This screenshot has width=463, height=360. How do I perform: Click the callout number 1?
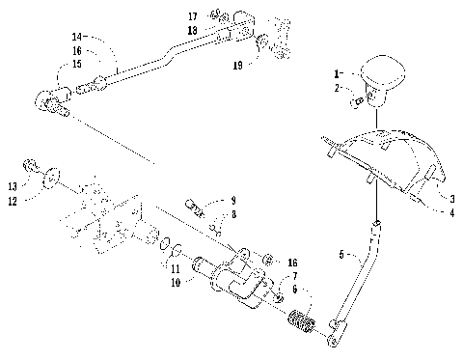337,73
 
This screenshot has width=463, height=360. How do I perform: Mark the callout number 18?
193,30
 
